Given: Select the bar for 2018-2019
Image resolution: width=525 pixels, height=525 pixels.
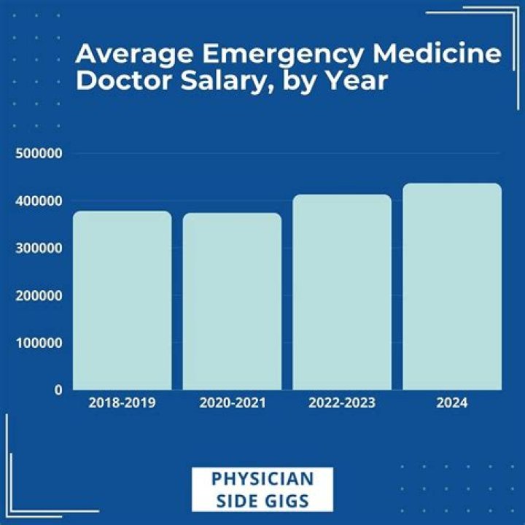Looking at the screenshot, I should pos(122,300).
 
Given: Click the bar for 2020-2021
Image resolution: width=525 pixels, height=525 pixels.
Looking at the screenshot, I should pos(232,301).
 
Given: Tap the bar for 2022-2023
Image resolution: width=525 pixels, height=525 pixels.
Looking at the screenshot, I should pos(342,292).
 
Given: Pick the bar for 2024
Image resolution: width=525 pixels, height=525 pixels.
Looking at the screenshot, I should pos(452,287).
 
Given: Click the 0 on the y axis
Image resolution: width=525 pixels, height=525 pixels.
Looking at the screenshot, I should pos(58,390).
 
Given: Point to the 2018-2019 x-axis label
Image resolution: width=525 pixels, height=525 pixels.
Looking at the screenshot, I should pos(122,402).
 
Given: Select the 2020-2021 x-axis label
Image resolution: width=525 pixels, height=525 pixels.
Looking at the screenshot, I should pos(232,402).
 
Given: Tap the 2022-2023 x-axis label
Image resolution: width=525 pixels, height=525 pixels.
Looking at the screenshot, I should pos(342,402).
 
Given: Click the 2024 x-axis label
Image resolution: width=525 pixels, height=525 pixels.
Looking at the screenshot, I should pos(452,402).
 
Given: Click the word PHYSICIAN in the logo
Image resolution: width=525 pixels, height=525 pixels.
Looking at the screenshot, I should pos(262,479).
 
